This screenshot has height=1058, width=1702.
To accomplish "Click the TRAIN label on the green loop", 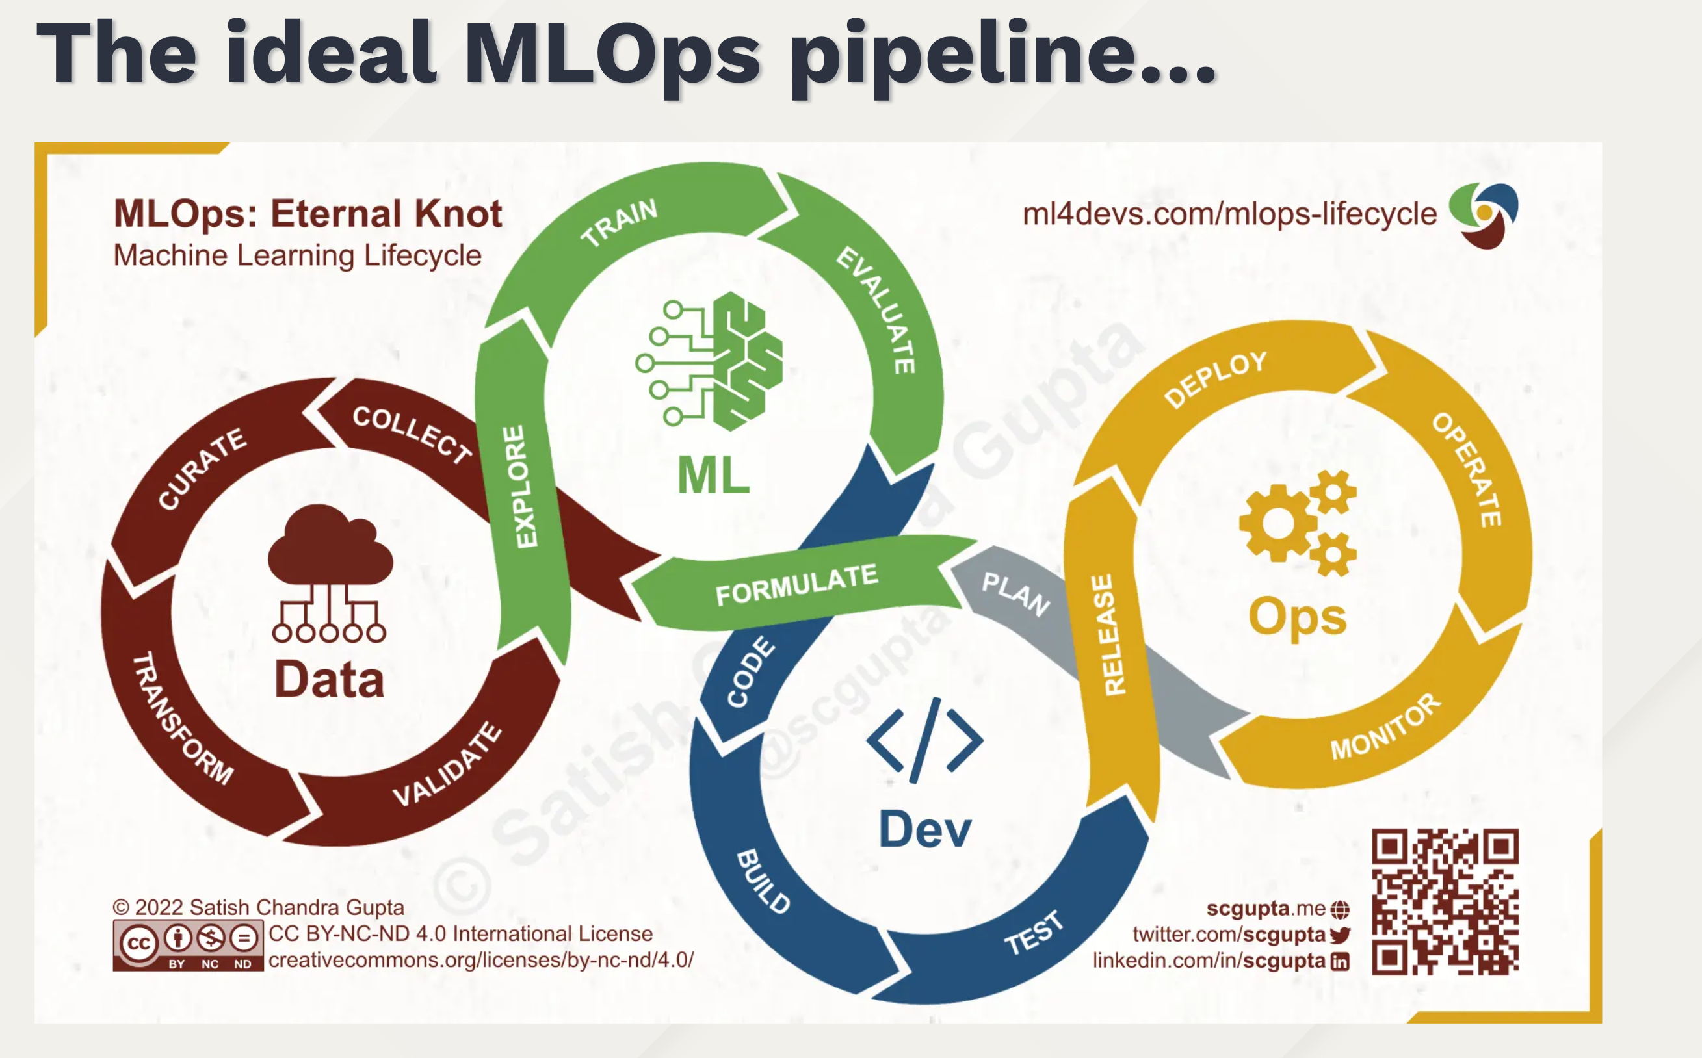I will [x=620, y=222].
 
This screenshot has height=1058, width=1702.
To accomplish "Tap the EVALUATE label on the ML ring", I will [x=876, y=310].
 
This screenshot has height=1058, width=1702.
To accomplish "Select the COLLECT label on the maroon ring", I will [x=412, y=434].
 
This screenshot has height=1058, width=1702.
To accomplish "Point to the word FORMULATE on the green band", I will [x=796, y=584].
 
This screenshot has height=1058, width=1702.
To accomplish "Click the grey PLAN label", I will [x=1015, y=593].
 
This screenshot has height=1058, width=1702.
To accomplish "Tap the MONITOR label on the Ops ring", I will [x=1385, y=727].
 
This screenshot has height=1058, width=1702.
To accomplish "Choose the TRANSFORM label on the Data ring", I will [x=183, y=718].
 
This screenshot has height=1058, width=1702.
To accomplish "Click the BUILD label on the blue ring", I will [x=763, y=881].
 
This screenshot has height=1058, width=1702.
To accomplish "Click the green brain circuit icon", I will [x=711, y=361].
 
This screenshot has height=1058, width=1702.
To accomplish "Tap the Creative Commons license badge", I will [x=187, y=946].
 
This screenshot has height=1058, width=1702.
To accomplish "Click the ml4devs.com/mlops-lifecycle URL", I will [x=1229, y=213].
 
